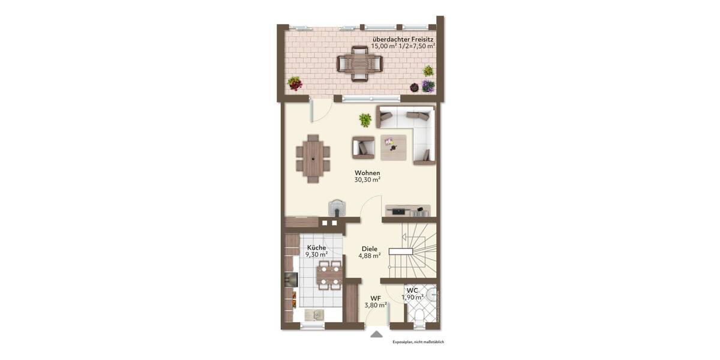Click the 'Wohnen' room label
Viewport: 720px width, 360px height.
pos(367,173)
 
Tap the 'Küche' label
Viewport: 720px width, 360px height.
pos(316,247)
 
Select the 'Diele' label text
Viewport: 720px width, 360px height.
pos(370,248)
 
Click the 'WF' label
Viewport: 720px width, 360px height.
pos(375,298)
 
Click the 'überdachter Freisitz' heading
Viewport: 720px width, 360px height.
pos(403,39)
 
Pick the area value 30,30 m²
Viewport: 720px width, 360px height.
pos(367,179)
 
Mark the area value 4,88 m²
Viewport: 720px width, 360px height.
pos(370,256)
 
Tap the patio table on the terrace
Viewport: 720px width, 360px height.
pos(359,63)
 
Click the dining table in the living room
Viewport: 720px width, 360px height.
pos(313,158)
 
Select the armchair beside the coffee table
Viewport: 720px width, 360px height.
pos(364,146)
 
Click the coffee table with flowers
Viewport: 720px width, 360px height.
pos(393,146)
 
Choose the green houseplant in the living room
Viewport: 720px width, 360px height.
pos(365,120)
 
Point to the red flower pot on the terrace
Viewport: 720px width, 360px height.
pos(295,83)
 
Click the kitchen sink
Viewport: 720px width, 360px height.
pos(313,314)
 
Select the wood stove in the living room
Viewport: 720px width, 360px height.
pos(337,207)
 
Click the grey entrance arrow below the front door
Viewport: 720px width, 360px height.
pos(376,334)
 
